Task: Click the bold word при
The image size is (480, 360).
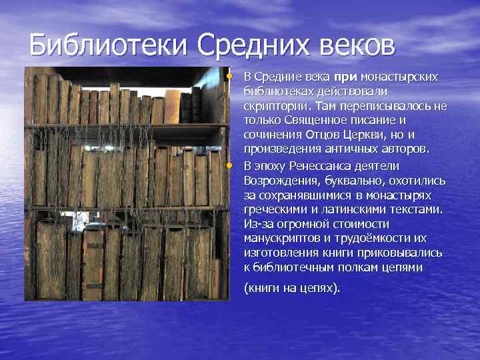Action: pos(344,77)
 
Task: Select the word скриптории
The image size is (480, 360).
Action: pos(270,107)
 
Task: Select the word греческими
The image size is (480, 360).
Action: pos(275,210)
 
